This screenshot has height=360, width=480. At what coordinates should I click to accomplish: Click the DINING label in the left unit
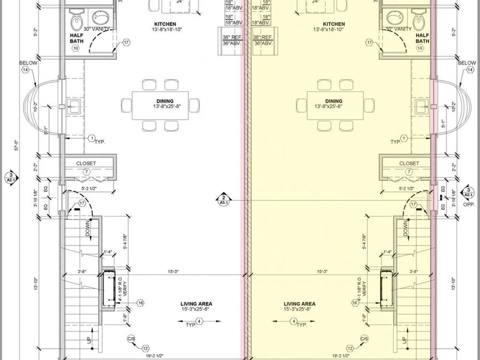point(163,101)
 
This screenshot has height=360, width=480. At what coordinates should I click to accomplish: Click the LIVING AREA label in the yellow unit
point(299,303)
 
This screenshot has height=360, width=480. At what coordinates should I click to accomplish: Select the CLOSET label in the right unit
point(409,164)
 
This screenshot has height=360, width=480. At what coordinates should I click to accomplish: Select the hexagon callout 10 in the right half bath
point(420,48)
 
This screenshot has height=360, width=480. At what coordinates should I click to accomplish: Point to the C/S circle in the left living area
point(131,339)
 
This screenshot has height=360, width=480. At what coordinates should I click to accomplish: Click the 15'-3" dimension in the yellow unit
point(322,271)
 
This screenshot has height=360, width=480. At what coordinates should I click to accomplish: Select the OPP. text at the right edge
point(469,204)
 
